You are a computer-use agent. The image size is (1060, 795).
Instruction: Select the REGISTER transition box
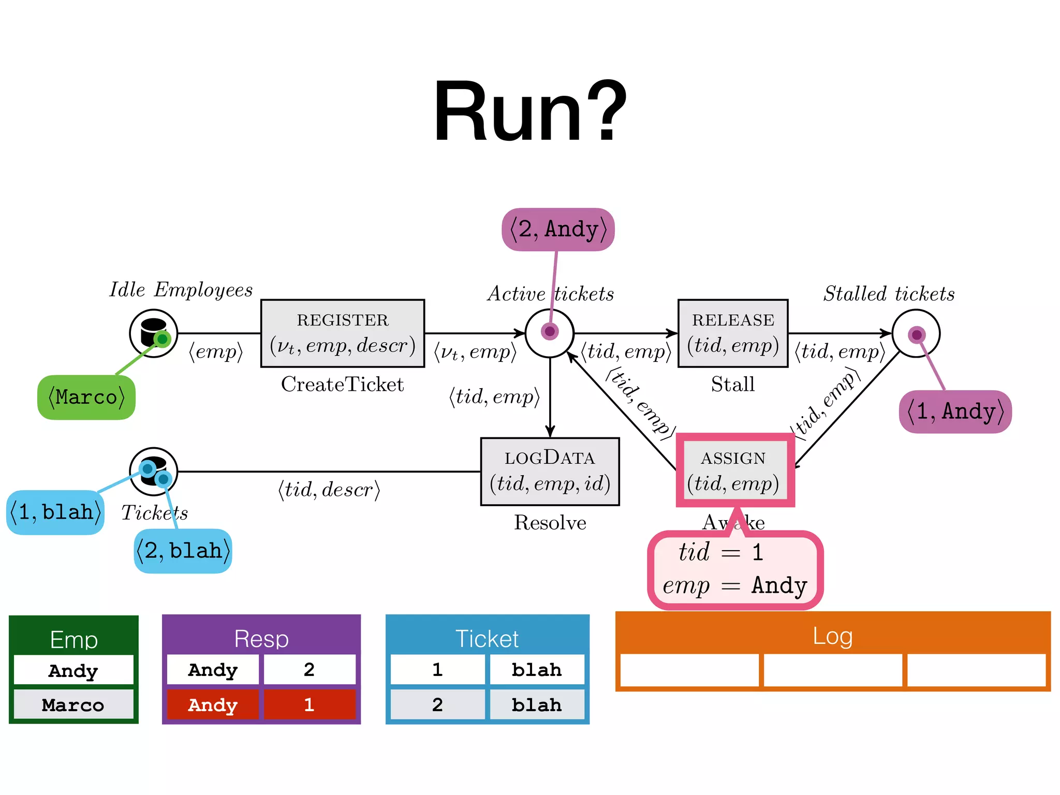342,333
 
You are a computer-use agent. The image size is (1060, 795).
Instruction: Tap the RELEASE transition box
732,333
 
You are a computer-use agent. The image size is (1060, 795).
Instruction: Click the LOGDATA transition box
550,472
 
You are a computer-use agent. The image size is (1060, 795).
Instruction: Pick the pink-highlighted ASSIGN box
734,470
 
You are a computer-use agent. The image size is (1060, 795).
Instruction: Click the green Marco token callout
86,397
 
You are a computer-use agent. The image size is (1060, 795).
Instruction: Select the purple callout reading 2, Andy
558,229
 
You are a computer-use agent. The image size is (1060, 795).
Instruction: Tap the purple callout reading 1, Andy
955,411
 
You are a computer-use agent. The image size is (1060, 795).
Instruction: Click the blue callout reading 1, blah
55,512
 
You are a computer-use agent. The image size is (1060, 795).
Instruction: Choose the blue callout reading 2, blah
183,551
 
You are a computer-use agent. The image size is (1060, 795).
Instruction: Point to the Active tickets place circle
549,333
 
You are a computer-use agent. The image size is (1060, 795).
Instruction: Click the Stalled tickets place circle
916,333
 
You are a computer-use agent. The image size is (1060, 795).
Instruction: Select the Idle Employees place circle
153,333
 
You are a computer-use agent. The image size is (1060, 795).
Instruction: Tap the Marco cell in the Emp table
73,704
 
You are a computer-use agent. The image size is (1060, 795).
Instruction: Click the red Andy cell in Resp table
213,704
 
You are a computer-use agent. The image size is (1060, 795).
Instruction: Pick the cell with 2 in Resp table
310,670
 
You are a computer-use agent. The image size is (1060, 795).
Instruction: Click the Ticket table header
487,638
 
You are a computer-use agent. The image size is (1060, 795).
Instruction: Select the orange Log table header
832,635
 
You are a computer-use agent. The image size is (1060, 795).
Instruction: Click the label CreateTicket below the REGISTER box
342,384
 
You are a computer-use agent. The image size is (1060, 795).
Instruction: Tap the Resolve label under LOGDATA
550,522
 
